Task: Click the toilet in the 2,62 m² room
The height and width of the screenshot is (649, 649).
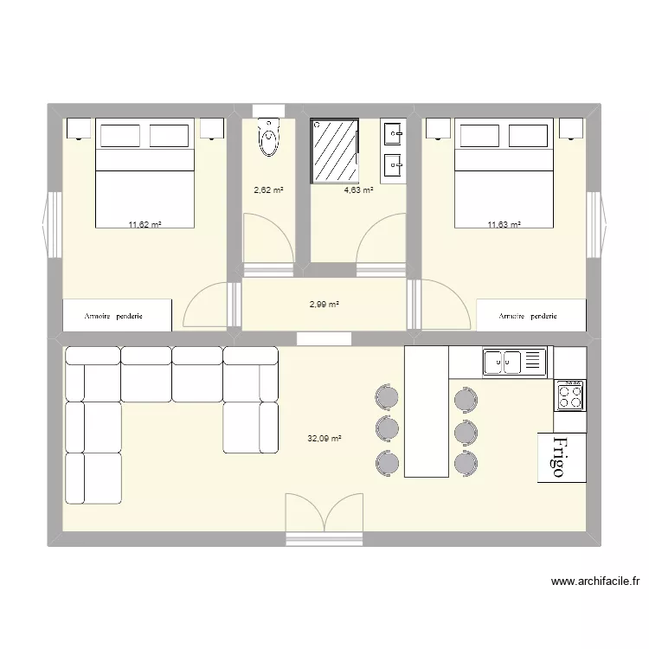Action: click(x=269, y=138)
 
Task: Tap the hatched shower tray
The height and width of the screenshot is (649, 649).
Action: click(x=334, y=151)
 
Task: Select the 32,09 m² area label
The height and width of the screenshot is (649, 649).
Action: click(x=324, y=439)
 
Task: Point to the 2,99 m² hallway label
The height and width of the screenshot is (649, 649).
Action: click(x=324, y=305)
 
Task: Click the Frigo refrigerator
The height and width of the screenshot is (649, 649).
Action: click(x=562, y=458)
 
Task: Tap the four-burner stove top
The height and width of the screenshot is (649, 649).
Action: click(x=570, y=395)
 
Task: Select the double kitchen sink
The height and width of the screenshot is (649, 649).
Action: click(x=515, y=363)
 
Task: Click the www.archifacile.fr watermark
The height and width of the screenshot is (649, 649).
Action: click(x=595, y=582)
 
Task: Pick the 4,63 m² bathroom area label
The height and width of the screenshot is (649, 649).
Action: click(x=358, y=190)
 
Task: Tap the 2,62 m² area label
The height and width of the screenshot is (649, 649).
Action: click(x=268, y=190)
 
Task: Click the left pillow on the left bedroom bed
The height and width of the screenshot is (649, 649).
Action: click(x=120, y=135)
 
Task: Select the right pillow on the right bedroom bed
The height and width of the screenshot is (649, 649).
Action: click(x=529, y=135)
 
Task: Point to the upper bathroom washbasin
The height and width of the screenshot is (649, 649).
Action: click(x=393, y=133)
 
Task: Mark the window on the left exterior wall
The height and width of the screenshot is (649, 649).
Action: click(x=52, y=225)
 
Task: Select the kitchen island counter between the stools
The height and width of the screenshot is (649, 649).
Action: click(x=427, y=411)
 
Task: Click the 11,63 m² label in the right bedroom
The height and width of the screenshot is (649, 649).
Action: click(x=504, y=225)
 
